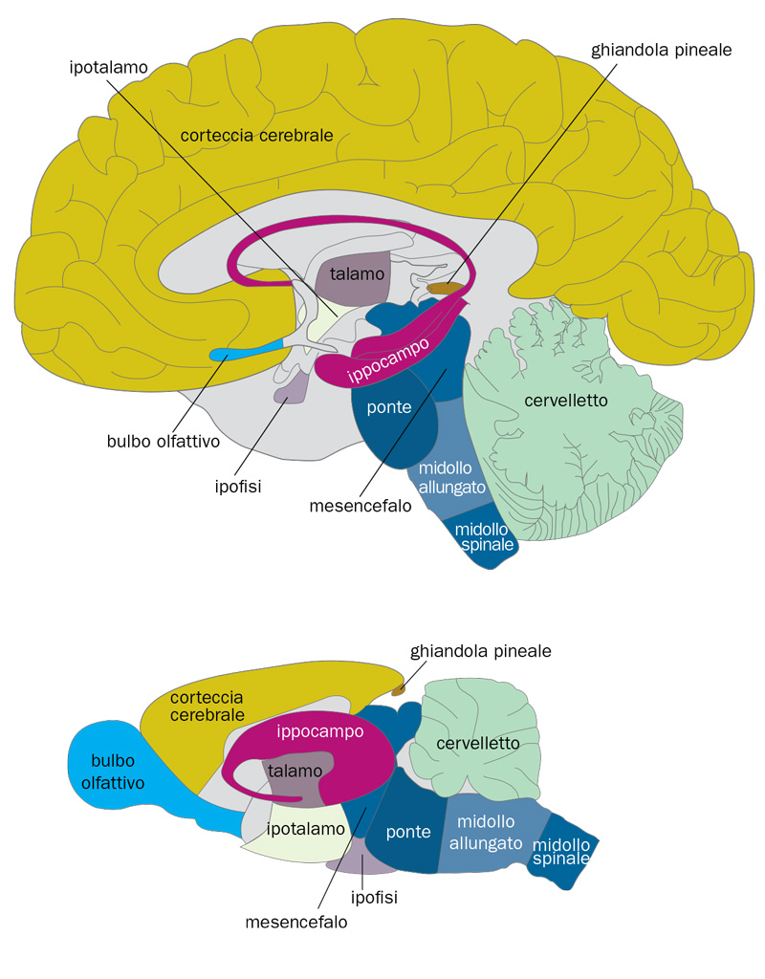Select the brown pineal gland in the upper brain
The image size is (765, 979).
pyautogui.click(x=442, y=286)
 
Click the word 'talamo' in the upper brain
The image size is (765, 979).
pyautogui.click(x=352, y=273)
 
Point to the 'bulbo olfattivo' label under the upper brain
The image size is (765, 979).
pyautogui.click(x=164, y=442)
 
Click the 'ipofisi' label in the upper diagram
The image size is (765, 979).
pyautogui.click(x=238, y=485)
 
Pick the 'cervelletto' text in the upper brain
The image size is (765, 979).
pyautogui.click(x=566, y=401)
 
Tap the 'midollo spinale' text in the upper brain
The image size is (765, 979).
pyautogui.click(x=485, y=537)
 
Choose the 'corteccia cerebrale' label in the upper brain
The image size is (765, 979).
pyautogui.click(x=256, y=136)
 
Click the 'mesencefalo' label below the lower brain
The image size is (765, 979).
pyautogui.click(x=296, y=923)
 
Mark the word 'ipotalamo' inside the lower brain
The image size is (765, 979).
pyautogui.click(x=305, y=828)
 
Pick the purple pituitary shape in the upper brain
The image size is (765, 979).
pyautogui.click(x=291, y=386)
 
